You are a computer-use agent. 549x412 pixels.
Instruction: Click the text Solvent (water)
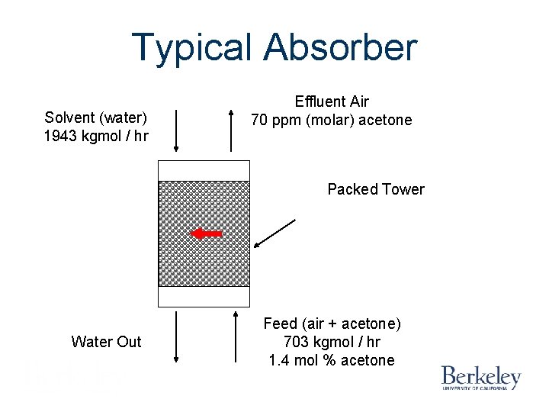point(96,117)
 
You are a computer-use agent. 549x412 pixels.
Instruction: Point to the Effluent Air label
point(332,101)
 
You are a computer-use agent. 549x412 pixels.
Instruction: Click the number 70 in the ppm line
point(260,120)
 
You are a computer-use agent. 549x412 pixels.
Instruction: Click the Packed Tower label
point(376,189)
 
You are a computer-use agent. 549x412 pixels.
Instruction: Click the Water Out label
point(106,342)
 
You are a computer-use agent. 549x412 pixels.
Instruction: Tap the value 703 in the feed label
point(296,342)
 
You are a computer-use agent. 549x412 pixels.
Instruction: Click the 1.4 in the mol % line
point(279,360)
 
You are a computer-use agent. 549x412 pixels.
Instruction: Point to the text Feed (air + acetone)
point(332,323)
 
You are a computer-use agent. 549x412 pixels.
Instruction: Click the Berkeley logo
point(481,377)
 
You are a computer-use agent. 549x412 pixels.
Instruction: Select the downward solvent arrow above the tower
point(176,131)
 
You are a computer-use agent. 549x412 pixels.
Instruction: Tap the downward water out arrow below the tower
point(176,336)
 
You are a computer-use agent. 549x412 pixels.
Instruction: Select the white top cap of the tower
point(204,171)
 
